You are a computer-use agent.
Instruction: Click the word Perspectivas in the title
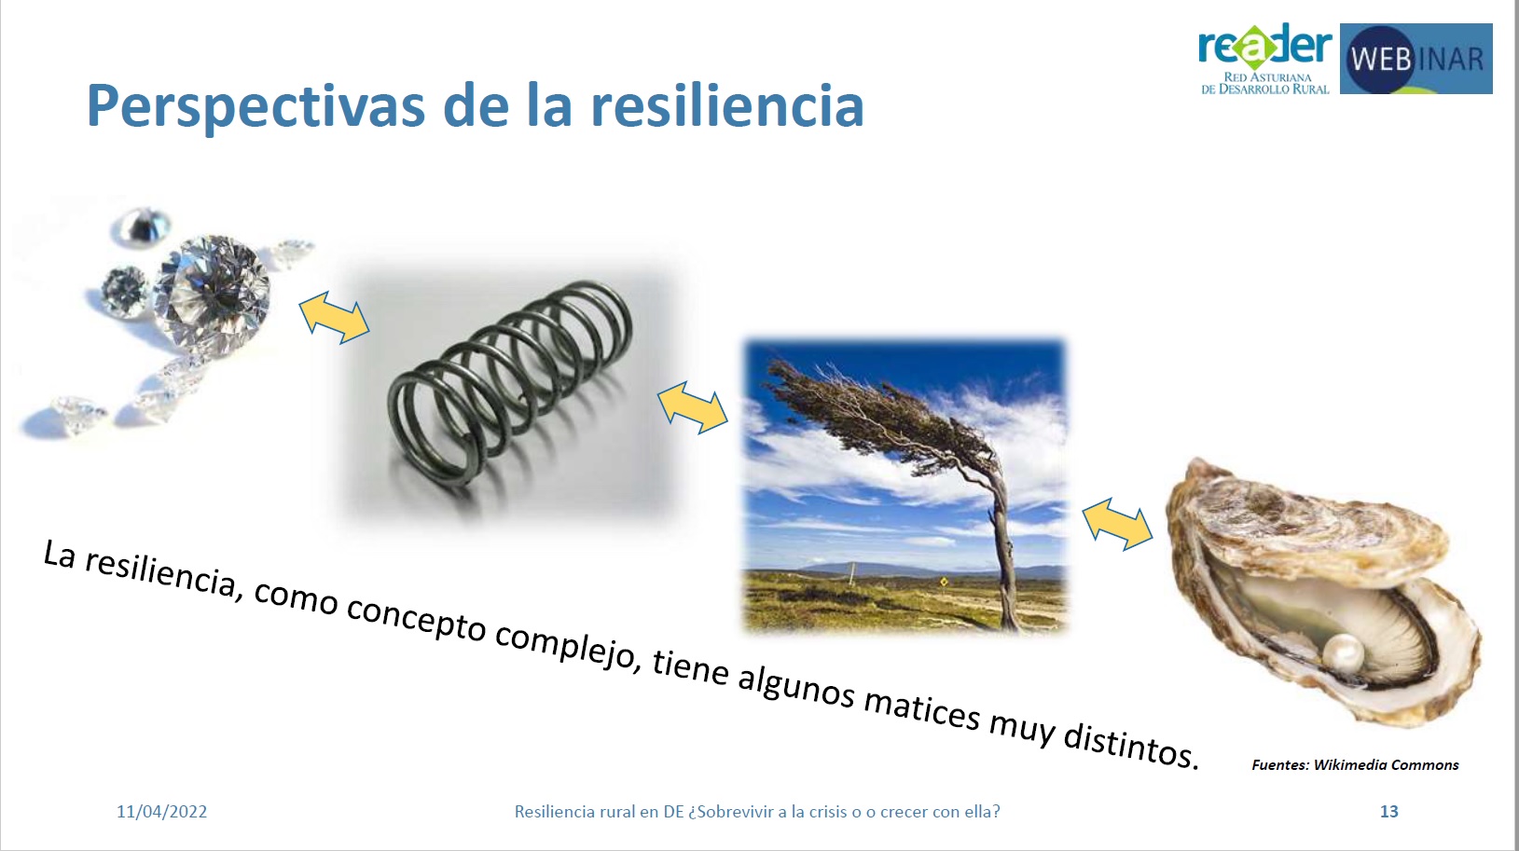point(255,106)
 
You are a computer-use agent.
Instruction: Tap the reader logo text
point(1265,46)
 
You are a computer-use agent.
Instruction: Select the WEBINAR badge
point(1415,59)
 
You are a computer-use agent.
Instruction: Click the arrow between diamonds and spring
point(335,317)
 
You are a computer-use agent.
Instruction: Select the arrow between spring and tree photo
point(693,406)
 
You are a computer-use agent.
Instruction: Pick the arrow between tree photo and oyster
point(1117,524)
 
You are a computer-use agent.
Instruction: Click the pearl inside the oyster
point(1343,652)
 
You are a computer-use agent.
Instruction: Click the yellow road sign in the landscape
point(944,582)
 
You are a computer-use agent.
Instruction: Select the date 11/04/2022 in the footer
point(161,812)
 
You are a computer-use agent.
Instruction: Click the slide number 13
point(1388,812)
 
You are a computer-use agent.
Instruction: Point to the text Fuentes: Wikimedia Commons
point(1355,765)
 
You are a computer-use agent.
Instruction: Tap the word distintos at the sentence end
point(1130,743)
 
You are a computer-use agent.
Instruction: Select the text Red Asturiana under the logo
point(1267,77)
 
